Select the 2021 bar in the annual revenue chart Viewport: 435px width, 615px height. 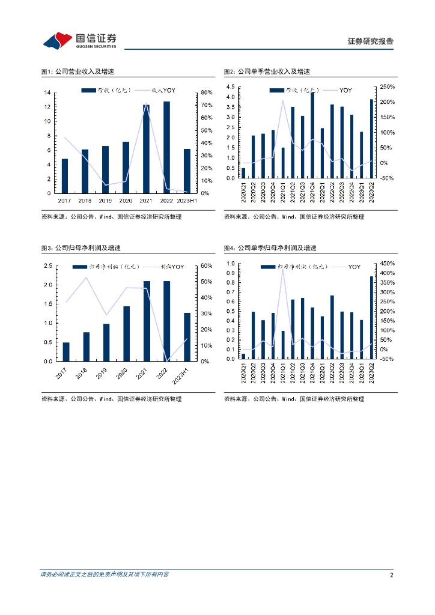146,149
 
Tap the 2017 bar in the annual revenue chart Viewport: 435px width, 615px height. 65,176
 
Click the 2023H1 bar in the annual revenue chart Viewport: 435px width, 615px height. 187,171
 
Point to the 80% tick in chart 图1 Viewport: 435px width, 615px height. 205,92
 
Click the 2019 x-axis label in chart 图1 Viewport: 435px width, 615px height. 105,201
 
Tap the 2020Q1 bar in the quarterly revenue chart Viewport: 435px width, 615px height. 243,173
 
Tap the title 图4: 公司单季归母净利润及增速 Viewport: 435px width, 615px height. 270,247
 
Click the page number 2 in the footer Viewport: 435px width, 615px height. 391,575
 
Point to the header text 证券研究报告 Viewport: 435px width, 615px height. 371,41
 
